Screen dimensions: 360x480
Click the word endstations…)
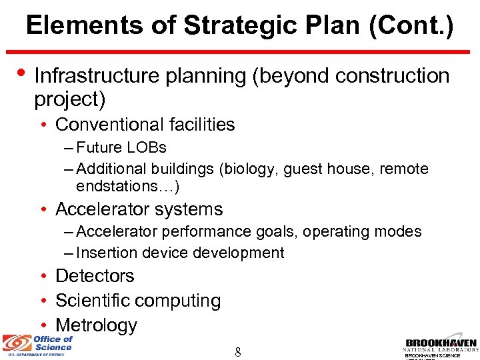click(128, 185)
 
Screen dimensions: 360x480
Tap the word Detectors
click(95, 276)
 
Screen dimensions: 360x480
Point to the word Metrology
click(96, 325)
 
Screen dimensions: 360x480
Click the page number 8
click(238, 351)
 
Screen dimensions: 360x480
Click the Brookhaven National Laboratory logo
click(441, 342)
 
